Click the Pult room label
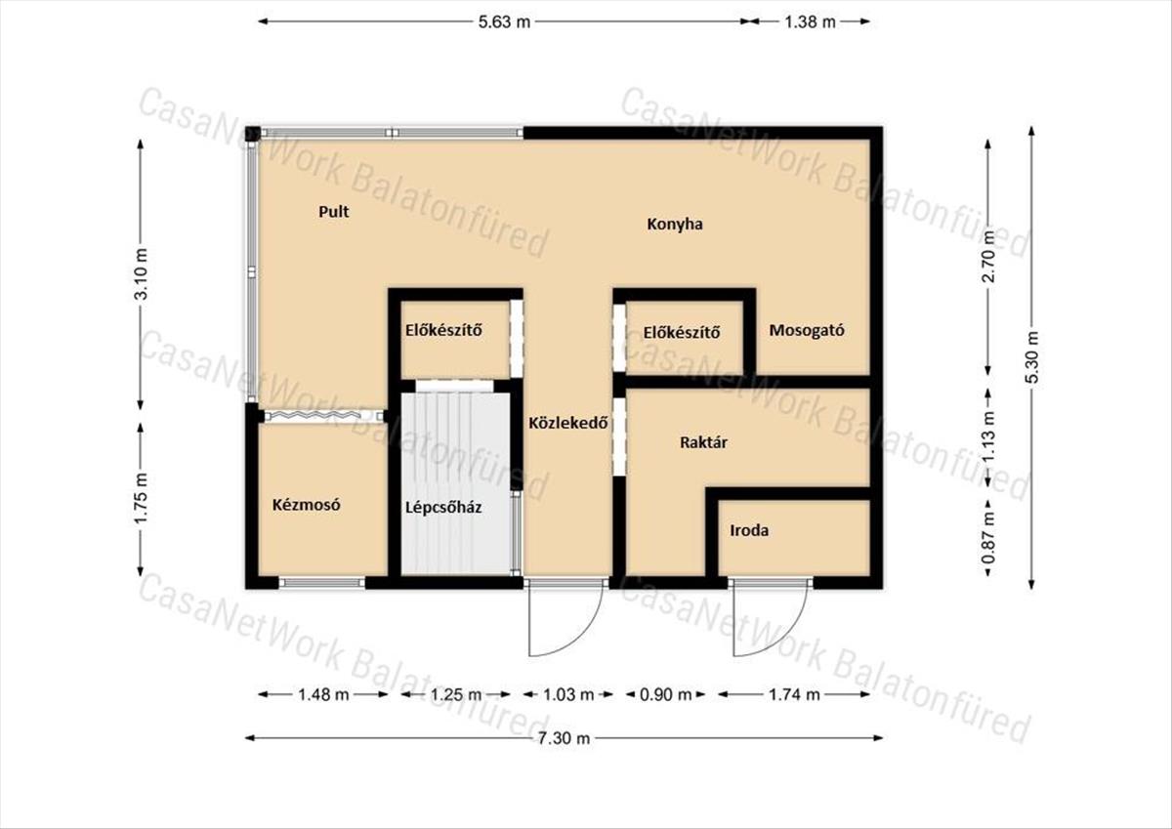point(334,212)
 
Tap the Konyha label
point(675,225)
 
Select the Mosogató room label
point(807,331)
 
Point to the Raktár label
point(703,442)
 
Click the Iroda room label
point(749,531)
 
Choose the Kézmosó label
point(306,505)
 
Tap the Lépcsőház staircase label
point(443,508)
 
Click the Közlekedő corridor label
point(567,423)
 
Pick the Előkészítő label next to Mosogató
point(682,333)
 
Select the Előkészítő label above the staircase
point(443,331)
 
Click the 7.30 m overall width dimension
point(565,738)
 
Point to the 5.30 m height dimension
point(1031,357)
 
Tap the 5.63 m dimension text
point(504,21)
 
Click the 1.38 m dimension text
point(810,21)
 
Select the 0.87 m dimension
point(988,538)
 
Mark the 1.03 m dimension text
point(568,694)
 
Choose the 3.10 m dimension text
point(141,273)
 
